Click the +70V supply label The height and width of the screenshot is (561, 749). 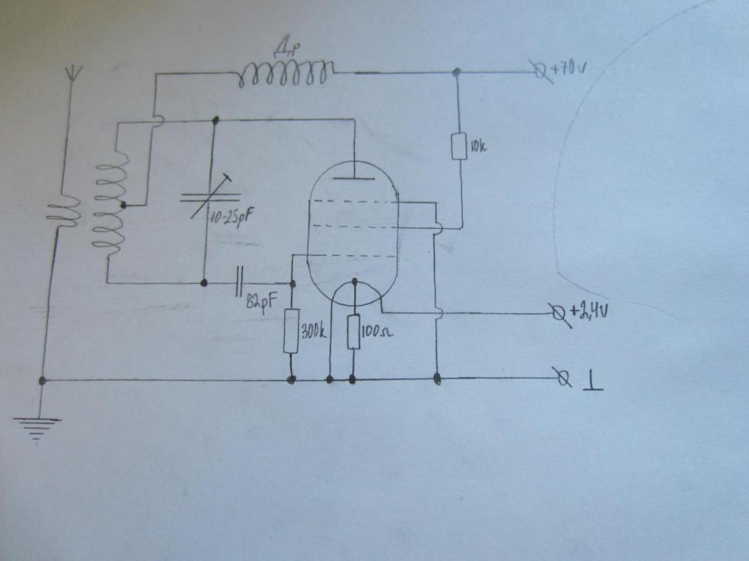coord(568,70)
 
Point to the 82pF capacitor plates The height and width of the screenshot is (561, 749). coord(239,283)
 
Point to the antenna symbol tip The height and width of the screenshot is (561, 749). coord(73,73)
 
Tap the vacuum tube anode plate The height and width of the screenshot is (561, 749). coord(351,178)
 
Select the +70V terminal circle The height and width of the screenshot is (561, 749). coord(541,73)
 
